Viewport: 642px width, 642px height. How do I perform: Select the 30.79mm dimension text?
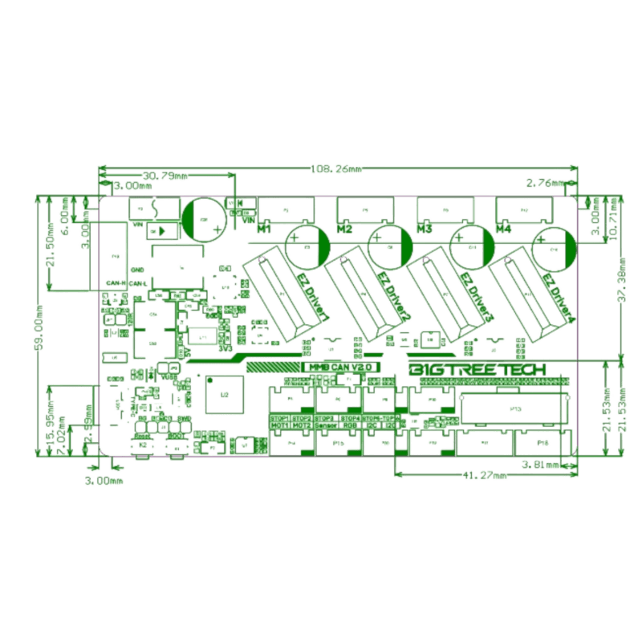[165, 175]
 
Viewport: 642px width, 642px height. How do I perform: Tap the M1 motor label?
[264, 230]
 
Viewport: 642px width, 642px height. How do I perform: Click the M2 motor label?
[344, 230]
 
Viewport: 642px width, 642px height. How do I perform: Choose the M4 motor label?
[503, 230]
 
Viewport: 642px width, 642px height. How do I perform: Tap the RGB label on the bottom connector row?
[351, 425]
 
